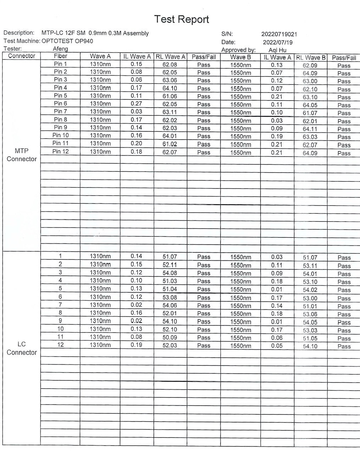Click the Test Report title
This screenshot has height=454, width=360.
(182, 20)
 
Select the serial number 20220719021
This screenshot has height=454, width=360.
(279, 34)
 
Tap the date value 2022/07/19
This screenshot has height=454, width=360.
(277, 42)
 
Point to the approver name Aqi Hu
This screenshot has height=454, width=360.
(277, 50)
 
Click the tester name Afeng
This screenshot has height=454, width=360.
(60, 49)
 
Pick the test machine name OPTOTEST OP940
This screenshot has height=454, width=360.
(67, 41)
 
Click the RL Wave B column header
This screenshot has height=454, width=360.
(311, 57)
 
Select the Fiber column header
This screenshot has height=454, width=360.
(60, 56)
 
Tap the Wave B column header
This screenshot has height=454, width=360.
(240, 57)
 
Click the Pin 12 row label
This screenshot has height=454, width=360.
(60, 151)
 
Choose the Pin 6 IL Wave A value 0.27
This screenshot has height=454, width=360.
(136, 104)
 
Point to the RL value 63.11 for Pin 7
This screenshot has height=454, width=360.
(170, 112)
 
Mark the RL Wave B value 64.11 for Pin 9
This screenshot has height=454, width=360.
(310, 129)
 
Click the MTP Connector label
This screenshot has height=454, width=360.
(22, 155)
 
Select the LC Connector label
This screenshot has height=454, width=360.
(22, 348)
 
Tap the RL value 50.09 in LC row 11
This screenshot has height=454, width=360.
(170, 337)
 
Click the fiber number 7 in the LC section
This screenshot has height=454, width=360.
(60, 305)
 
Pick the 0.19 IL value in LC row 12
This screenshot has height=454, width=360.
(136, 345)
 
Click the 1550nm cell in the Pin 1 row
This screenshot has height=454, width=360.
(240, 65)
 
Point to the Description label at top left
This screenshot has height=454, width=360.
(19, 33)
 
